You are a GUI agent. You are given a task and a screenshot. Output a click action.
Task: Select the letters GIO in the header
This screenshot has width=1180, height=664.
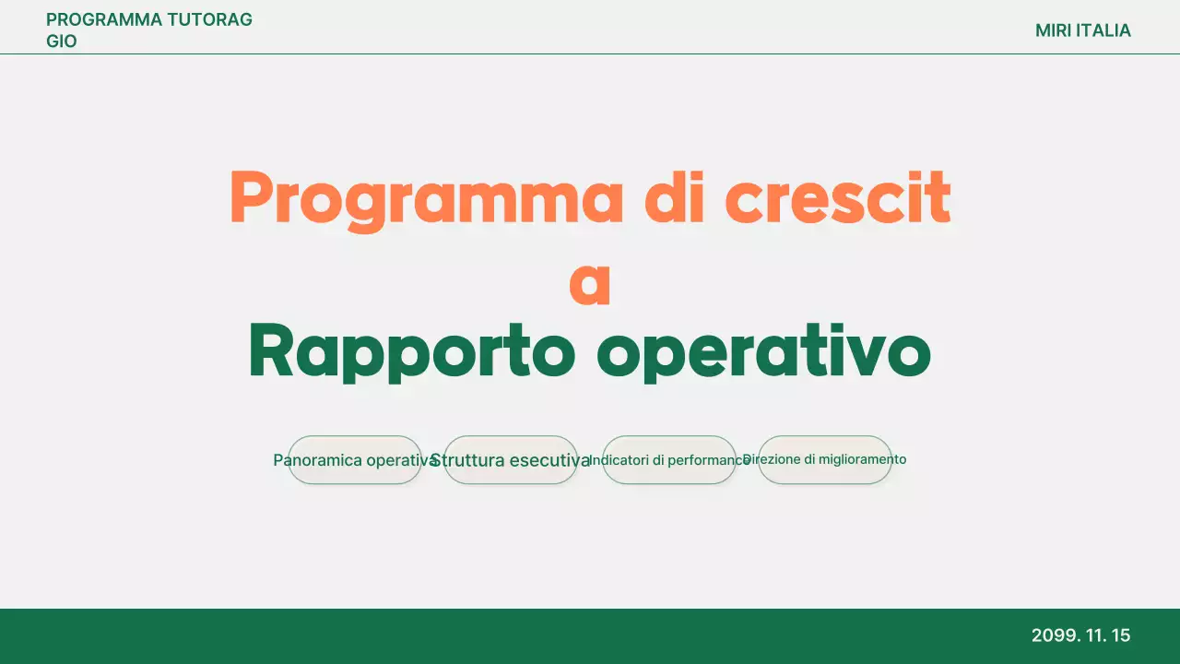(62, 41)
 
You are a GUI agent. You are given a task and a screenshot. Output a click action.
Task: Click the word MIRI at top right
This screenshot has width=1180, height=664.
(1053, 30)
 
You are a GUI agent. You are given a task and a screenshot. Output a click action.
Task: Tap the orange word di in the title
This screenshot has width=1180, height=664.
(675, 198)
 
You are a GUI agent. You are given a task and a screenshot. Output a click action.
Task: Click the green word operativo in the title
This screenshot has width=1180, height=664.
(763, 352)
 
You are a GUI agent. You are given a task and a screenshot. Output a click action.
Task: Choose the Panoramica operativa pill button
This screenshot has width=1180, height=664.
(355, 460)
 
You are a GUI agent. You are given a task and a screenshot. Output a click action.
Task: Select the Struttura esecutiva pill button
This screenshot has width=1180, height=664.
(511, 460)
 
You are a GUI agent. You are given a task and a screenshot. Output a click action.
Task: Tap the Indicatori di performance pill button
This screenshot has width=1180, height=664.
(669, 460)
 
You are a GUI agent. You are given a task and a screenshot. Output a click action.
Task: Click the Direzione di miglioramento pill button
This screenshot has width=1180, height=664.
(825, 459)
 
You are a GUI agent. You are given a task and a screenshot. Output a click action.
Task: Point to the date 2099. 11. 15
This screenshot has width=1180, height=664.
(1080, 635)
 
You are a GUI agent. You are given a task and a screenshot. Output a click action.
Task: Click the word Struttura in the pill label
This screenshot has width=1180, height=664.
(467, 460)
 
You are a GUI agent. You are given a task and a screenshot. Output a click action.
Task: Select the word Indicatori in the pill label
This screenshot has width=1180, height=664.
(619, 460)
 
